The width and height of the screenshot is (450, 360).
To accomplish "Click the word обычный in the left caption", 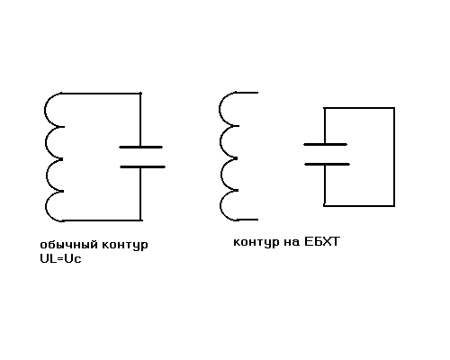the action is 69,245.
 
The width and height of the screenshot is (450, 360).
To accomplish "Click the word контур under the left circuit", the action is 125,245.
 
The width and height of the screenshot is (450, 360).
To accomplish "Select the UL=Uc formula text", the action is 60,258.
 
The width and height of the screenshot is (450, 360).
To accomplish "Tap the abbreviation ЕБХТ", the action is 322,241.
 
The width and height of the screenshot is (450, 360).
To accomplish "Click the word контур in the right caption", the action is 256,242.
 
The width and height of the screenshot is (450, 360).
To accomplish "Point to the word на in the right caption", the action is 292,242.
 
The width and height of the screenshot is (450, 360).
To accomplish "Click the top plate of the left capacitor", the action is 141,147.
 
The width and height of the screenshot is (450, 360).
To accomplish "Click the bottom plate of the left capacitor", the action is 142,166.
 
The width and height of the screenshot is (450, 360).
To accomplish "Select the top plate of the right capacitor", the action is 326,145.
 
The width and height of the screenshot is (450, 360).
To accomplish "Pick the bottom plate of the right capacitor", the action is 327,165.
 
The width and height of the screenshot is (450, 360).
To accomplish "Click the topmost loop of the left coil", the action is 45,110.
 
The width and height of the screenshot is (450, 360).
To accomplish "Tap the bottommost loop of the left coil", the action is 46,206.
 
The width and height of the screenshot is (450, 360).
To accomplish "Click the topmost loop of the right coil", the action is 220,109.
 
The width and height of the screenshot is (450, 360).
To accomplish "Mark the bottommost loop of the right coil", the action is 220,206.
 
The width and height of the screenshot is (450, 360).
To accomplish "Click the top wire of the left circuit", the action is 101,94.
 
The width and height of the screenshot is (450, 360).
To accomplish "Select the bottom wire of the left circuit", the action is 103,220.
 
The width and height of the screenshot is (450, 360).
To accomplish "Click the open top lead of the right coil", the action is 247,93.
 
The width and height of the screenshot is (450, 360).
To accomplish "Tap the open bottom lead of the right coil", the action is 247,220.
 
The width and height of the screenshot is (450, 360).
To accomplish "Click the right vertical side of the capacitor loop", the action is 394,157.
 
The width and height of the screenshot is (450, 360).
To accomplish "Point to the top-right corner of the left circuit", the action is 140,94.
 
